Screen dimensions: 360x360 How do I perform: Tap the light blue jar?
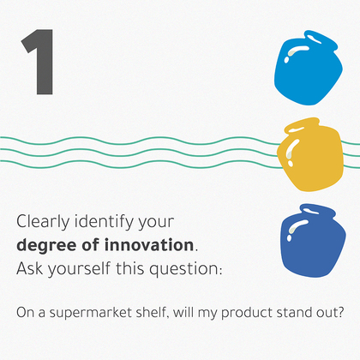(x=309, y=69)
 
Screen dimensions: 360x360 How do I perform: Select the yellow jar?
(x=311, y=155)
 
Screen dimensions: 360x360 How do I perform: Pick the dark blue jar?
(x=313, y=241)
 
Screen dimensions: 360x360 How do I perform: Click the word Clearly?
(x=43, y=222)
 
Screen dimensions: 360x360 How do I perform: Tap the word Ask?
(x=30, y=268)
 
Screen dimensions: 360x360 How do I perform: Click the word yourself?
(x=79, y=269)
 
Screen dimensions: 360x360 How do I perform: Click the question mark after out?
(x=339, y=312)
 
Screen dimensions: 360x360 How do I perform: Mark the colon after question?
(x=220, y=271)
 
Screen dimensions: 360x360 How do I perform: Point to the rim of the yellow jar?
(x=303, y=125)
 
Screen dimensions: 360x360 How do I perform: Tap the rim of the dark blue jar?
(x=318, y=211)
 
